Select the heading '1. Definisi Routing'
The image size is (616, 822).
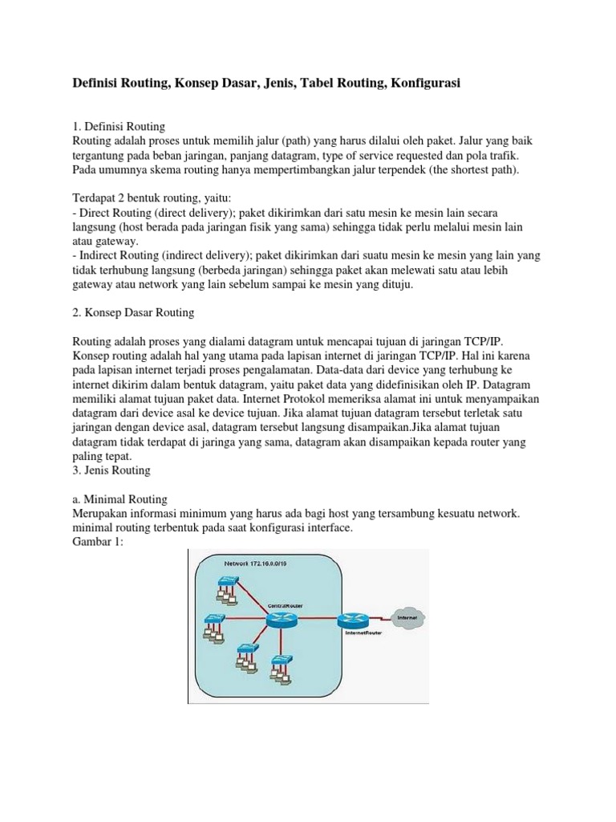(119, 126)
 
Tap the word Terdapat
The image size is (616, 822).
(95, 198)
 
